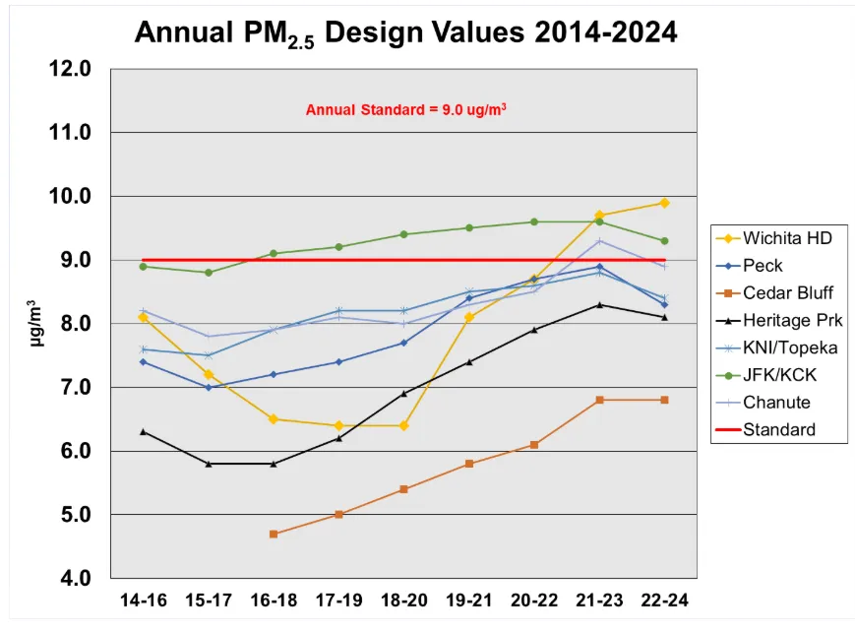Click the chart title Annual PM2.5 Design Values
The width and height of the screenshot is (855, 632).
(x=405, y=32)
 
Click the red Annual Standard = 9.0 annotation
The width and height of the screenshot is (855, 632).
(x=406, y=109)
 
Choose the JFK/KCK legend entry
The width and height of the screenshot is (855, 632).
(x=779, y=375)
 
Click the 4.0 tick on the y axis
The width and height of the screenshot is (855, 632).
(x=75, y=578)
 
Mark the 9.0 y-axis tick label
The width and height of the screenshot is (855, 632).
(x=75, y=260)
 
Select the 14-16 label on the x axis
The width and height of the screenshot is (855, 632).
(x=144, y=600)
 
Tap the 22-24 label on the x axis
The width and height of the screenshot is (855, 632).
(x=664, y=600)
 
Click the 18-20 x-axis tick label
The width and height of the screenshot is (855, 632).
(x=403, y=600)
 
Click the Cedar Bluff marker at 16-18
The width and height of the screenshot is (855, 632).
(x=274, y=534)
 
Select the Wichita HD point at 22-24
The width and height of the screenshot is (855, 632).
(x=664, y=203)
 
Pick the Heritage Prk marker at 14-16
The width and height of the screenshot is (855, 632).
(x=144, y=431)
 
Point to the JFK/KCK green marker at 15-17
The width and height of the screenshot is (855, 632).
(x=209, y=273)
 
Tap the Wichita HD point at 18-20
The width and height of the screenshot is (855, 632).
(x=403, y=425)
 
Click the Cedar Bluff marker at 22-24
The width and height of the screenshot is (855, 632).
(x=664, y=400)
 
